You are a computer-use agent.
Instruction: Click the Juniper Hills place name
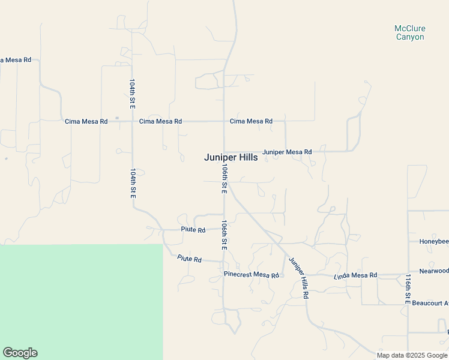click(x=231, y=157)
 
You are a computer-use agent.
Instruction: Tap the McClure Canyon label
click(x=409, y=32)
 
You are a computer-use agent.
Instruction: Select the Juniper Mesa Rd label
click(x=287, y=152)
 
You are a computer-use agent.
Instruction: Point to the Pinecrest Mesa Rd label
click(x=252, y=275)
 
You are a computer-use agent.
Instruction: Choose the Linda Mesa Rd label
click(x=355, y=275)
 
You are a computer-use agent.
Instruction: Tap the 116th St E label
click(x=407, y=289)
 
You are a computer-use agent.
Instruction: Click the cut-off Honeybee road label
click(x=433, y=241)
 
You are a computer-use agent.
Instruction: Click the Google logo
click(x=20, y=353)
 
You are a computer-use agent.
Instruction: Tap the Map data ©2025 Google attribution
click(x=412, y=355)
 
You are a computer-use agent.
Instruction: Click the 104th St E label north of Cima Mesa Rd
click(x=132, y=92)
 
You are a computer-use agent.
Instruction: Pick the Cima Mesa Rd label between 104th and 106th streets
click(x=160, y=121)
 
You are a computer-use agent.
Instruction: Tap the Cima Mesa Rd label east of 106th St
click(x=251, y=121)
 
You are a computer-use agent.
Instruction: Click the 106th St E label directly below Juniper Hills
click(x=223, y=178)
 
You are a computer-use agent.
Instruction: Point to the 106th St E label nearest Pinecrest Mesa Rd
click(x=223, y=235)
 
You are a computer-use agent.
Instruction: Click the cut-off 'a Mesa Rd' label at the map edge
click(x=16, y=61)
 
